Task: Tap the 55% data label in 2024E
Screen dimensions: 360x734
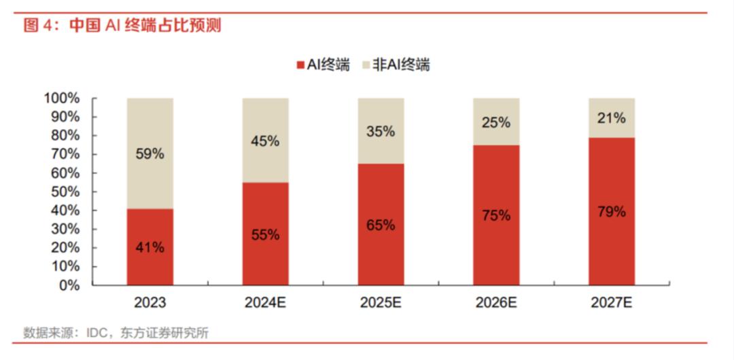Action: point(265,235)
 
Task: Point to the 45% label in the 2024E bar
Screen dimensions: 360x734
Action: point(265,141)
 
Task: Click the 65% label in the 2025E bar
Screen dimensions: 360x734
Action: point(381,225)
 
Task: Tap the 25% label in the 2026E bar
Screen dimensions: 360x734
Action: point(496,122)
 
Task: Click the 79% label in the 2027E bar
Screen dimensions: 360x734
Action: point(611,211)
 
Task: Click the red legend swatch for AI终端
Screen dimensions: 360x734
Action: point(300,65)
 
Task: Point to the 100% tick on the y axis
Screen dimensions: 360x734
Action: point(62,98)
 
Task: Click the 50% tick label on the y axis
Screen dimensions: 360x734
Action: point(65,192)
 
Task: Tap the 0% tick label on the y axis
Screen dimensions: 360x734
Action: point(70,285)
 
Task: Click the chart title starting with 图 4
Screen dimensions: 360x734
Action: point(122,26)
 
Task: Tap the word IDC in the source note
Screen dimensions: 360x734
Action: point(97,334)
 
